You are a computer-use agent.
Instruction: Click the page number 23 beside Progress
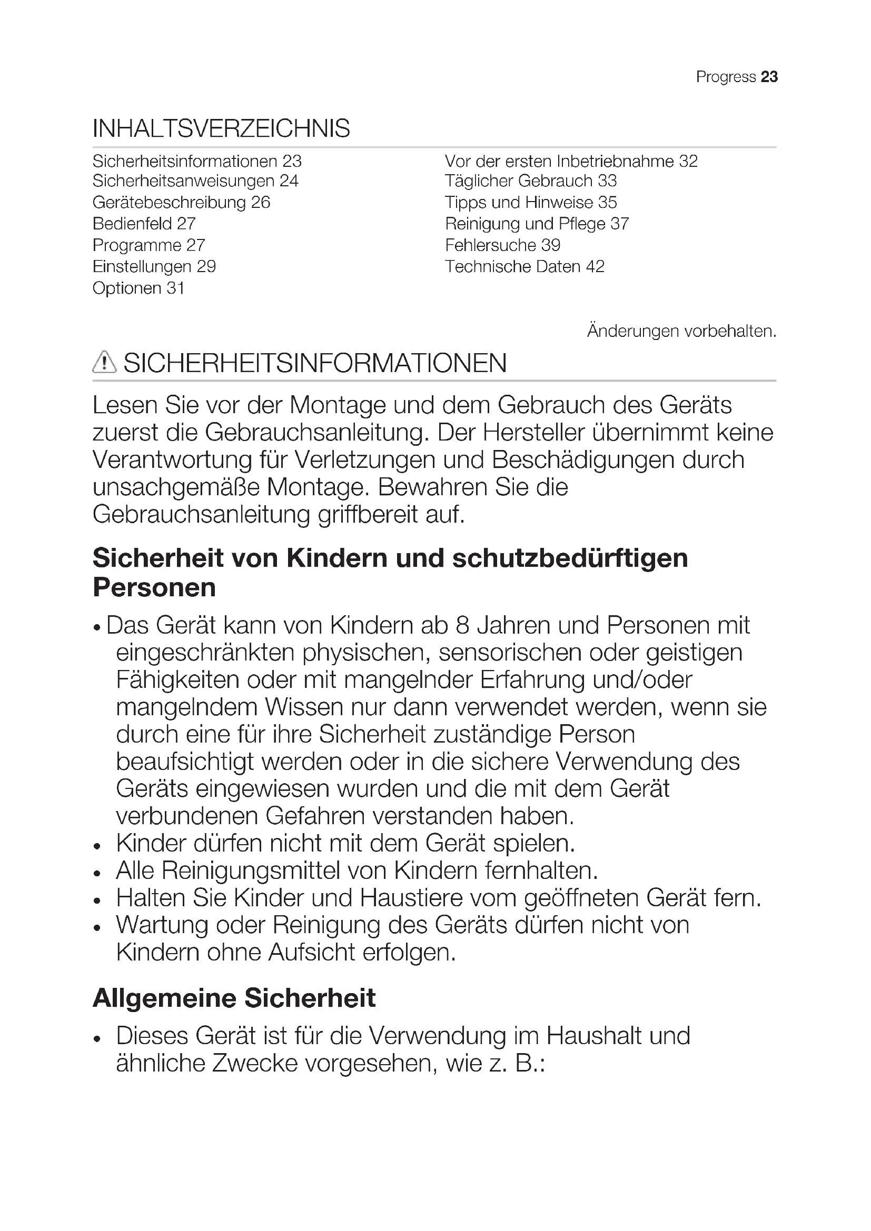tap(769, 77)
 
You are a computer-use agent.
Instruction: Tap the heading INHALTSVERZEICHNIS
tap(221, 128)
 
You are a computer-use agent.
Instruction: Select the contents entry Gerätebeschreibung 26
tap(181, 203)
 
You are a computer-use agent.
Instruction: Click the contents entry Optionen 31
tap(138, 288)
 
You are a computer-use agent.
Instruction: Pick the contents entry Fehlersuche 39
tap(502, 246)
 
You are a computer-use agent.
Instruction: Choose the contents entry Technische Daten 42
tap(524, 267)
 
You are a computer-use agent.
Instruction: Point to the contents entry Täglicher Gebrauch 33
tap(530, 181)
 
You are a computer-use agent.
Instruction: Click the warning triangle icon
tap(104, 363)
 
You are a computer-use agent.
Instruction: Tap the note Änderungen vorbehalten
tap(681, 332)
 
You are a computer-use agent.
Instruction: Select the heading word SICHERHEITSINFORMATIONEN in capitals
tap(315, 364)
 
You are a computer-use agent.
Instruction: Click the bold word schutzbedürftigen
tap(570, 558)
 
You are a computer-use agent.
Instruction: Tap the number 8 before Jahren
tap(462, 626)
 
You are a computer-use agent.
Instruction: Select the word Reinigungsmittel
tap(251, 870)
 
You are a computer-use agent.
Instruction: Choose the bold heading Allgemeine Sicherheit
tap(234, 998)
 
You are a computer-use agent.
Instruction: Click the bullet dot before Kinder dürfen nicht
tap(97, 847)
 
